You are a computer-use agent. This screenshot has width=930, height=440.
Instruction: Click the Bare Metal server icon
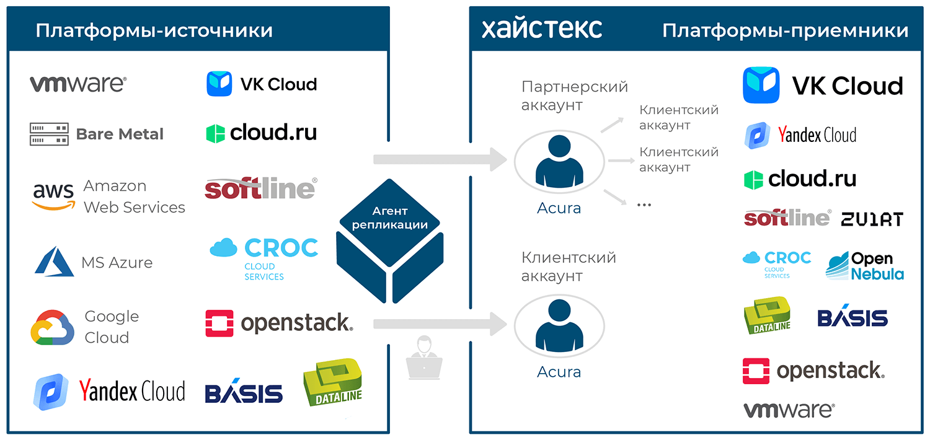[49, 134]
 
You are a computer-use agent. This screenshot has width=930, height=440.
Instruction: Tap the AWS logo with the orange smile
[53, 196]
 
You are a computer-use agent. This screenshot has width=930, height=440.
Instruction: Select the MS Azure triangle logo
[55, 262]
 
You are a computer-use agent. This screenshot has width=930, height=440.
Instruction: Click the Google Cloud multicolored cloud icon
[52, 327]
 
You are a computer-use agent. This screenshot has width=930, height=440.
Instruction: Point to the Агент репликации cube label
[390, 218]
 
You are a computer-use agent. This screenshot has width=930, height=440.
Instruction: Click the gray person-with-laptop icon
[424, 358]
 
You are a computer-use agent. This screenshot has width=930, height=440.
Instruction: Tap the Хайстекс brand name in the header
[542, 29]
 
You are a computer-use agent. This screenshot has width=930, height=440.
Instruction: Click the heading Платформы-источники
[154, 31]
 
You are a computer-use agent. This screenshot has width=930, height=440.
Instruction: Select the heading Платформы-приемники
[785, 31]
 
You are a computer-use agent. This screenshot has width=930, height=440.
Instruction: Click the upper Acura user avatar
[559, 162]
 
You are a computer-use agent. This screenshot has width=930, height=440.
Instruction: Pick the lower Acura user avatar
[559, 326]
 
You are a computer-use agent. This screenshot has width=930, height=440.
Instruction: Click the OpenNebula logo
[865, 266]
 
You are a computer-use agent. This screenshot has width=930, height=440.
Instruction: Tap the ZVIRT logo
[872, 219]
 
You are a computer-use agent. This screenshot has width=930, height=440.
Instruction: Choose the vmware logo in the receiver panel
[789, 410]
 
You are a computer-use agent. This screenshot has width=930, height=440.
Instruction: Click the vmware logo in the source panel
[78, 84]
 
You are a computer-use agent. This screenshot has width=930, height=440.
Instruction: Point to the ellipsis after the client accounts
[644, 205]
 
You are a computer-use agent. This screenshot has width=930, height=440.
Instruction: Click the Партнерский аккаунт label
[574, 96]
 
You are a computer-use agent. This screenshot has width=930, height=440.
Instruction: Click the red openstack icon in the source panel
[219, 323]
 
